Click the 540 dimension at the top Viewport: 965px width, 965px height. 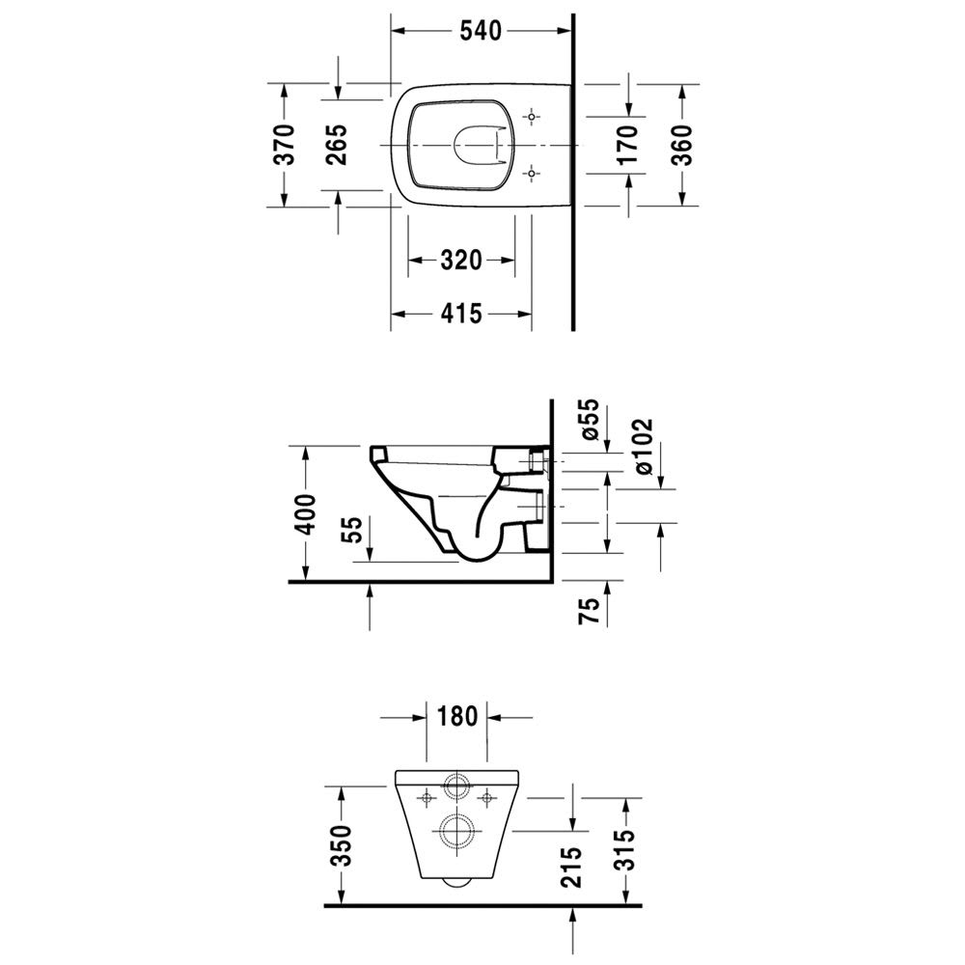[481, 30]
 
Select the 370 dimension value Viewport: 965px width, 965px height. [285, 145]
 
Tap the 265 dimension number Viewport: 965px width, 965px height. [337, 145]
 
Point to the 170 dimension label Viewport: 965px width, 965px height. [628, 145]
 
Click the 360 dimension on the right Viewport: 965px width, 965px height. [681, 145]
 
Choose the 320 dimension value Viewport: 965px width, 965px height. [461, 261]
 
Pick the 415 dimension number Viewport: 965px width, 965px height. [461, 314]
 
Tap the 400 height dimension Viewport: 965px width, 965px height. [306, 514]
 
